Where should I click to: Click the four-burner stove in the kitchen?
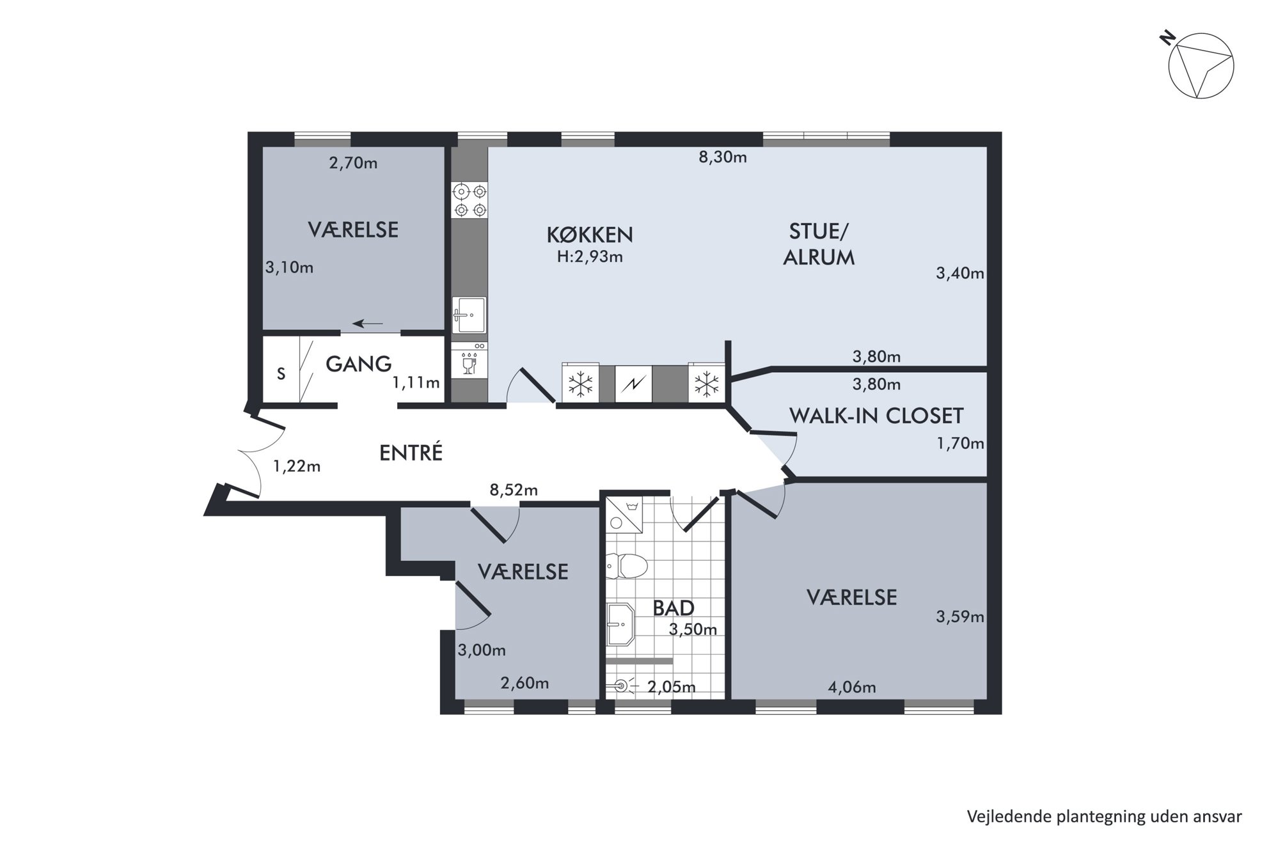pos(469,200)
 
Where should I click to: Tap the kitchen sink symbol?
pos(469,315)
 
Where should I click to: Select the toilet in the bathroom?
pos(626,565)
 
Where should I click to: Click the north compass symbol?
pos(1201,66)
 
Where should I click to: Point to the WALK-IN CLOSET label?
pos(876,416)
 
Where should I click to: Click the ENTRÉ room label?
pos(411,453)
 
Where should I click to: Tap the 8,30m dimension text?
pos(723,157)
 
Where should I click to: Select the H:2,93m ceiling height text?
pos(590,257)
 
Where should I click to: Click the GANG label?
pos(358,364)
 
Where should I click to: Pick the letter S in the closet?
pos(281,373)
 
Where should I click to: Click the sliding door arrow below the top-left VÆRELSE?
pos(368,324)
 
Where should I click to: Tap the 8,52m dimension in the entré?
pos(514,490)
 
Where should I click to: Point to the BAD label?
pos(674,607)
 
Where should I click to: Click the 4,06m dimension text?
pos(852,688)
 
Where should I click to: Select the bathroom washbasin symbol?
pos(620,625)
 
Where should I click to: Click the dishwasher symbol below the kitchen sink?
pos(469,360)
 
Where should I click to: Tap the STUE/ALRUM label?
pos(819,244)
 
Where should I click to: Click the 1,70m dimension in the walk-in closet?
pos(960,443)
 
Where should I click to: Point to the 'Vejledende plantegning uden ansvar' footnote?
pos(1105,817)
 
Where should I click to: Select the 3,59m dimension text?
pos(960,617)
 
